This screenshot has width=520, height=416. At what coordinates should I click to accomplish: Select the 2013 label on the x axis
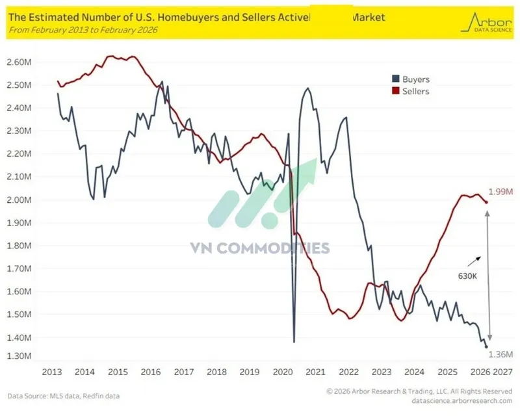pos(52,372)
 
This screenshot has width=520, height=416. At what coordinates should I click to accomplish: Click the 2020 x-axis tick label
pos(283,372)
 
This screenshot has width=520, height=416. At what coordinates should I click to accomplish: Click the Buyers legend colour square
pos(395,79)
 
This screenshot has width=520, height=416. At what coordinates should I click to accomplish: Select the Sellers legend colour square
pos(395,92)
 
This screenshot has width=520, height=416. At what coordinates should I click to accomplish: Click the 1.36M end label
pos(498,354)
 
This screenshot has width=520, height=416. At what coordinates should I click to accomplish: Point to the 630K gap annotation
pos(467,276)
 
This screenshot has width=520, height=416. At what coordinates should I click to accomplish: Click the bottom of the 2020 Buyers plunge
pos(294,342)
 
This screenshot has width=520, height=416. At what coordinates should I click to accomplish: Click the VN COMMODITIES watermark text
pos(259,248)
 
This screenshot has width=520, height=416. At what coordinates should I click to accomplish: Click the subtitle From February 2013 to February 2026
pos(82,29)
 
